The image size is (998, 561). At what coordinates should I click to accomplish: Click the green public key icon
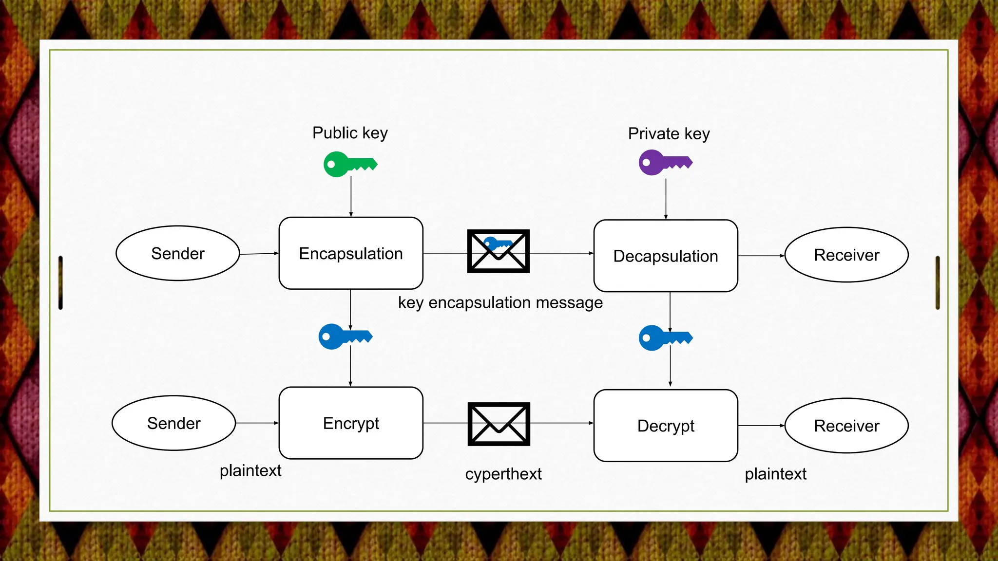tap(350, 164)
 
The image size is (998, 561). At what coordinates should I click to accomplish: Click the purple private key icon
tap(665, 162)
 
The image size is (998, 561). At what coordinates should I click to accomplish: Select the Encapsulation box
tap(351, 253)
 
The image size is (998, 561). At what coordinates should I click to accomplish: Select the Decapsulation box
tap(666, 256)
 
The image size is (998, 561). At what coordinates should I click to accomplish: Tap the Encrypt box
tap(351, 423)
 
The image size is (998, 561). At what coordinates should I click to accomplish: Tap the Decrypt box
tap(666, 425)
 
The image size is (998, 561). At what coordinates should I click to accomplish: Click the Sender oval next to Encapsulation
tap(178, 253)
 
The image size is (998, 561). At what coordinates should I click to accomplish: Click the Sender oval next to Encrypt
tap(174, 423)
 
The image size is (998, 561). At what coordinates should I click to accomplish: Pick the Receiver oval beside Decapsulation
tap(846, 255)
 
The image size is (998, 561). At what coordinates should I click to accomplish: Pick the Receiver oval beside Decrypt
tap(846, 426)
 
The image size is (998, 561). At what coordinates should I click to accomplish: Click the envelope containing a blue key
tap(498, 251)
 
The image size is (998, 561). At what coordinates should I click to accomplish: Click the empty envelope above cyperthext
tap(499, 424)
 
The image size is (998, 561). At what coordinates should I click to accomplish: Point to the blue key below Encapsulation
tap(345, 337)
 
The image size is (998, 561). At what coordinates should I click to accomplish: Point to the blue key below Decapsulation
tap(665, 338)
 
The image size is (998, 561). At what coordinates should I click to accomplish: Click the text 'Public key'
tap(350, 133)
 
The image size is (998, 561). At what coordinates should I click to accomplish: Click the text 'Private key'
tap(669, 134)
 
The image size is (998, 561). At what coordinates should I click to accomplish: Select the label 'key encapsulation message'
tap(500, 303)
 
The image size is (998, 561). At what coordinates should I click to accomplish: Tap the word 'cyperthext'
tap(503, 474)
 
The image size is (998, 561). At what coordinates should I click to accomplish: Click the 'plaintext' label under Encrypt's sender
tap(250, 471)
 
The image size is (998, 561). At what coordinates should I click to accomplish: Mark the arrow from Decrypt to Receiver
tap(761, 426)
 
